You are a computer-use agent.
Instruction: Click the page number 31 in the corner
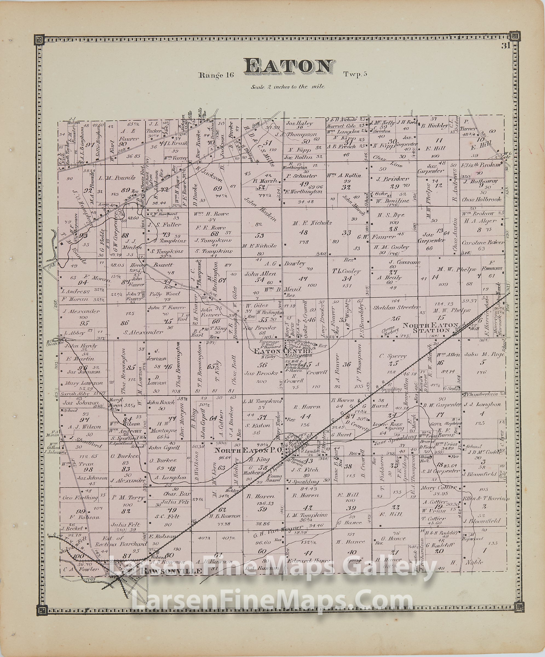tap(506, 46)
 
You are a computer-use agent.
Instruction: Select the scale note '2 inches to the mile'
tap(287, 87)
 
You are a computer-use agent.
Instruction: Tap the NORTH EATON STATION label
tap(430, 328)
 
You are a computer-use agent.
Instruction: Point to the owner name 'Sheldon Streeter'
tap(396, 307)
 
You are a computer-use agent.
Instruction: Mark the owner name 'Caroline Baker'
tap(483, 242)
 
